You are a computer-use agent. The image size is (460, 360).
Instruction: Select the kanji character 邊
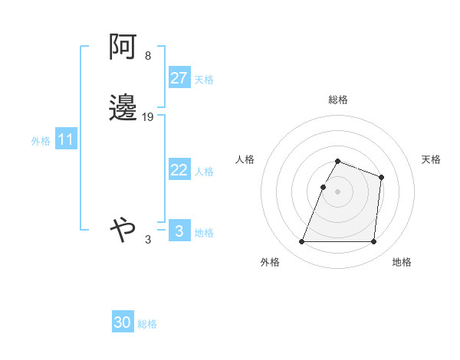pos(123,108)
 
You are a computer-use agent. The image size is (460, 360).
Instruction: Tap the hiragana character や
pos(123,228)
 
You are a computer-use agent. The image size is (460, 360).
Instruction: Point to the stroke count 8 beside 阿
pos(147,57)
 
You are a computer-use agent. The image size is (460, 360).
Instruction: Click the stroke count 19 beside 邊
pos(148,117)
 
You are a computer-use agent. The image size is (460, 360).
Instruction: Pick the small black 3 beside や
pos(148,240)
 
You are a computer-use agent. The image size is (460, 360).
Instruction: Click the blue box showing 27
pos(179,78)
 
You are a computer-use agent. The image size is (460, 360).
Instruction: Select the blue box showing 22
pos(179,170)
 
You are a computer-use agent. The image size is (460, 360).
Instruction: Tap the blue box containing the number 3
pos(179,231)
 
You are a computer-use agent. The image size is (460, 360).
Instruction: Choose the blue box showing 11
pos(66,140)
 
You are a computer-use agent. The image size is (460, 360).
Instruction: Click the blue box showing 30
pos(123,322)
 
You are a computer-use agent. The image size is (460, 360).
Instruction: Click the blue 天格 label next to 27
pos(204,80)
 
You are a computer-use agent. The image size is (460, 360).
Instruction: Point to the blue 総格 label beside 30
pos(147,324)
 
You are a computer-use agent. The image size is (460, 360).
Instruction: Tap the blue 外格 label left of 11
pos(41,141)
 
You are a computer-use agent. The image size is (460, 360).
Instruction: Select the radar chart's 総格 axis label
pos(338,100)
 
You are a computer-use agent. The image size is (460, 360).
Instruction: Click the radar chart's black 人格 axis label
pos(245,159)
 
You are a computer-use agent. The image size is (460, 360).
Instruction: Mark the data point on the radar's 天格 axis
pos(381,177)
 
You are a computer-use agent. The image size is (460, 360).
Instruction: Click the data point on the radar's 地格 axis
pos(373,242)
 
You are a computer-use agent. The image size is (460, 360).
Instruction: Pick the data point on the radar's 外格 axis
pos(302,242)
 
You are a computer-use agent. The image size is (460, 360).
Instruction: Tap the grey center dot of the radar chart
pos(338,191)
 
